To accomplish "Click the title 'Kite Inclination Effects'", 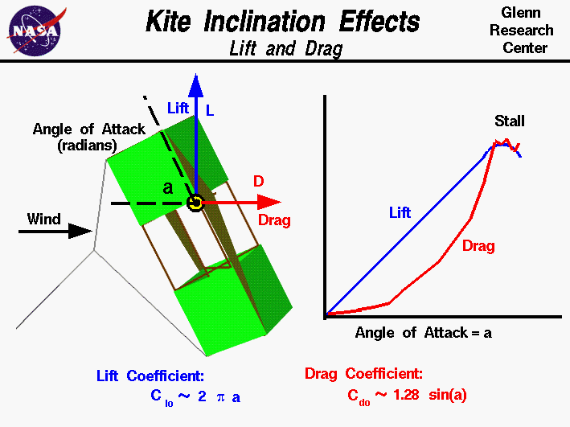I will point(282,22).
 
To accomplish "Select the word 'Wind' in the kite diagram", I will point(43,218).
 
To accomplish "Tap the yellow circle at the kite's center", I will point(194,203).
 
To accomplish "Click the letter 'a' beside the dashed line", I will point(167,188).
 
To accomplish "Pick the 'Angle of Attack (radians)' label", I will point(88,137).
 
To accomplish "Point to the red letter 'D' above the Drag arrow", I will point(259,182).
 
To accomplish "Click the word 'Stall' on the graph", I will point(509,121).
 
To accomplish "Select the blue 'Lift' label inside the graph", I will point(400,212).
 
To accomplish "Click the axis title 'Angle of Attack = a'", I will point(423,331).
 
